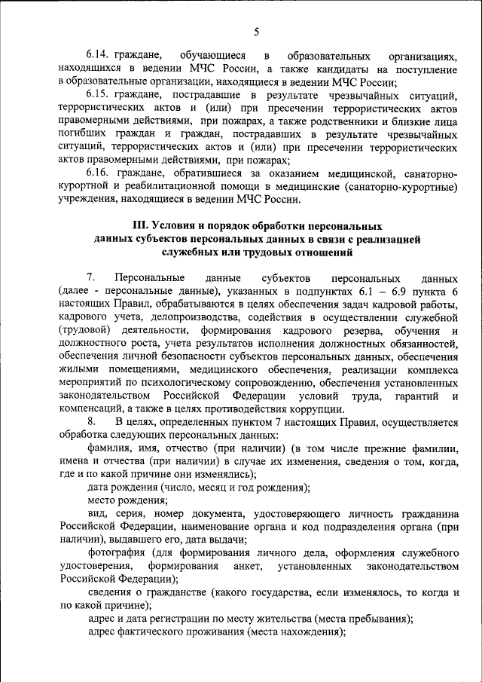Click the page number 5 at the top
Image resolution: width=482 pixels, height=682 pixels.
click(255, 32)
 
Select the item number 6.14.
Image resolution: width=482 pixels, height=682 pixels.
click(99, 57)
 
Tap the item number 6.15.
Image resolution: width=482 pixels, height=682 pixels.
click(99, 96)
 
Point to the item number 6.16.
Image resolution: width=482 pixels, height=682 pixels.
click(99, 174)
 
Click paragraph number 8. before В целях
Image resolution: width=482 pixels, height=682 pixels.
click(91, 421)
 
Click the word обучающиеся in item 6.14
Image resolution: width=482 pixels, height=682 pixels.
click(213, 57)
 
